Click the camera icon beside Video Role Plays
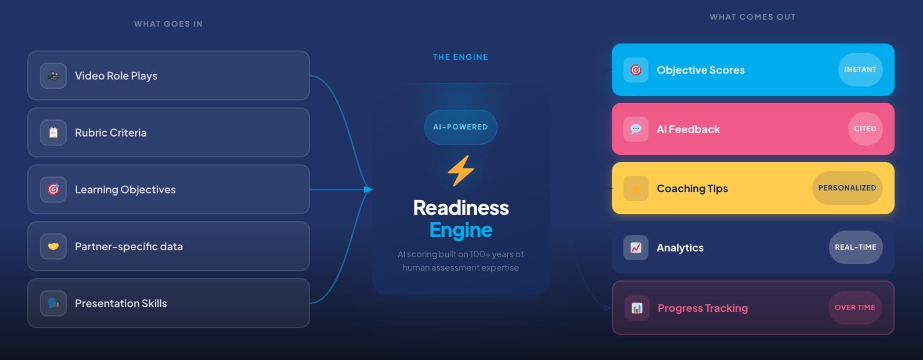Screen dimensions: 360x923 click(x=53, y=75)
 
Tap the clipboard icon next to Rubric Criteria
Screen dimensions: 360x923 click(x=53, y=132)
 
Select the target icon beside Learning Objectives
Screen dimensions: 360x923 click(x=53, y=189)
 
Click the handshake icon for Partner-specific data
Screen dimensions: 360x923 click(x=53, y=246)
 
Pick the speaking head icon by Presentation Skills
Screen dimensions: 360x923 click(x=53, y=303)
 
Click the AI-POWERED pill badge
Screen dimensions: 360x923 click(x=460, y=127)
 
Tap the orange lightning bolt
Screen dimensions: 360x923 click(x=461, y=171)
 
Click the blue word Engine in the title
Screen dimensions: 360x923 click(x=461, y=230)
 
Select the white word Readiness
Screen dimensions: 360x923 click(x=461, y=208)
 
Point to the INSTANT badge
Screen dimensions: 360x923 click(x=860, y=70)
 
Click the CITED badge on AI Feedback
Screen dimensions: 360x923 click(x=864, y=129)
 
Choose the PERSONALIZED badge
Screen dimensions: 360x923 click(x=847, y=188)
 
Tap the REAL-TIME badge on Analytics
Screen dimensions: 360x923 click(x=855, y=247)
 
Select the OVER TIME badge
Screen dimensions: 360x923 click(x=855, y=308)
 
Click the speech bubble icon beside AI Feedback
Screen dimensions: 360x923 click(x=636, y=129)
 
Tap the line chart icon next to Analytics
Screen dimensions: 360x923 click(x=636, y=247)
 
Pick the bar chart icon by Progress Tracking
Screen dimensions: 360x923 click(x=637, y=308)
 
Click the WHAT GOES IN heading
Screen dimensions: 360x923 click(x=168, y=24)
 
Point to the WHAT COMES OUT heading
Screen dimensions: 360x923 click(x=752, y=17)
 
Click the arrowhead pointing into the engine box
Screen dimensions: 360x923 click(x=368, y=189)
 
